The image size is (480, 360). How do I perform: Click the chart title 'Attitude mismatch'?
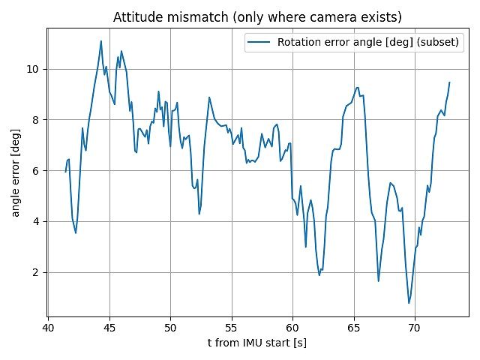(x=257, y=17)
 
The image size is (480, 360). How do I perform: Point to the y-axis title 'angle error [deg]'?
(x=16, y=172)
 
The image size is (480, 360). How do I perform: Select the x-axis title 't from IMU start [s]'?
(x=257, y=343)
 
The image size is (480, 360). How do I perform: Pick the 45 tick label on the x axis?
(x=109, y=328)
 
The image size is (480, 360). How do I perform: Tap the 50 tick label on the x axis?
(x=170, y=328)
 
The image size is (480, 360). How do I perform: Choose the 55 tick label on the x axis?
(x=232, y=328)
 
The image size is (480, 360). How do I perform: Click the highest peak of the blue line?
(x=101, y=41)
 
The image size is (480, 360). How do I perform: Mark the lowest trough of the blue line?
(x=409, y=303)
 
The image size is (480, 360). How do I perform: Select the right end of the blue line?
(x=449, y=82)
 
